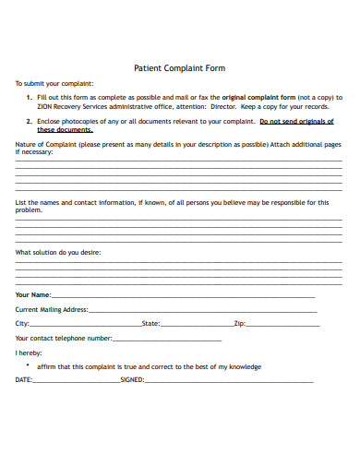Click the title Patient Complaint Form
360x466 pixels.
click(x=180, y=67)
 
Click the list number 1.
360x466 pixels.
click(x=29, y=96)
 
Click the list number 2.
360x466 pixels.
click(x=29, y=121)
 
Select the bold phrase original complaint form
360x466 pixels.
click(x=258, y=96)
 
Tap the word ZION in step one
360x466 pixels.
click(x=46, y=105)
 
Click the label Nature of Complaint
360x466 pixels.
click(x=45, y=145)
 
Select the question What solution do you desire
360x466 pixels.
click(x=58, y=252)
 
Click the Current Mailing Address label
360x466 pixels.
click(x=52, y=310)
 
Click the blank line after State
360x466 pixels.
click(x=196, y=325)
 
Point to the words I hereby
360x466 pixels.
click(x=29, y=353)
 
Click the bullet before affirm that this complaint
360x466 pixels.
click(x=29, y=366)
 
